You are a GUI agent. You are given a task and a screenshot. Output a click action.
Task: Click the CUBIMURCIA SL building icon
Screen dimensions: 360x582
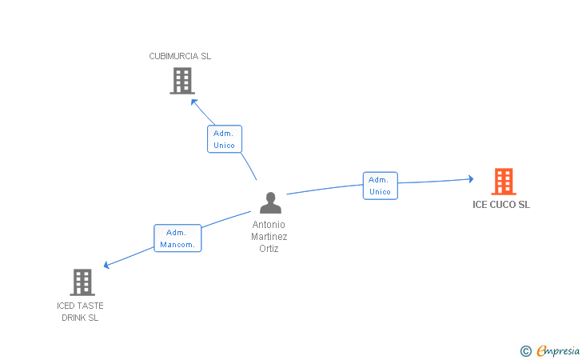tap(182, 81)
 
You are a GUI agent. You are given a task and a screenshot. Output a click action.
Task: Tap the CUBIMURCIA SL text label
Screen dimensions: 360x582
tap(180, 56)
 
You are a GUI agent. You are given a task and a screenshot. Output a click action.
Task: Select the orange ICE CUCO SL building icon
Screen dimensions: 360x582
tap(503, 182)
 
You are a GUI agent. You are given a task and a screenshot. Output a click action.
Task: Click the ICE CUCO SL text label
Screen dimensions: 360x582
tap(501, 205)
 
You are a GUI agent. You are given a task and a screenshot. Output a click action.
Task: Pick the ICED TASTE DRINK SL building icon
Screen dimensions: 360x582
tap(82, 282)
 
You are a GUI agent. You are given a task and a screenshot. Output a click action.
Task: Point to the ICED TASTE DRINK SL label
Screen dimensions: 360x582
tap(80, 311)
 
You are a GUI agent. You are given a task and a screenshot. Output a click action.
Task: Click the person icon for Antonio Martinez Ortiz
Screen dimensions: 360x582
tap(270, 203)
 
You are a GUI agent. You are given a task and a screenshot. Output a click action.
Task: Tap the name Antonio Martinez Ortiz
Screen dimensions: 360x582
tap(269, 236)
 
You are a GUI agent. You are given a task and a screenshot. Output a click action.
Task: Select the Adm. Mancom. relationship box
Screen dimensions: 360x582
tap(177, 238)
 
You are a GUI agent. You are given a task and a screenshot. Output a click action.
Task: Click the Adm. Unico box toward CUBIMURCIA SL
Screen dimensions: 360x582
tap(224, 139)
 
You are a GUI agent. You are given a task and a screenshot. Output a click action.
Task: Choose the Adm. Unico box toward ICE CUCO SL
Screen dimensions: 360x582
tap(380, 186)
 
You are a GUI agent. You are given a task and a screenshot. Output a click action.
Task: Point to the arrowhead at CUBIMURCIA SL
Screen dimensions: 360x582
tap(193, 102)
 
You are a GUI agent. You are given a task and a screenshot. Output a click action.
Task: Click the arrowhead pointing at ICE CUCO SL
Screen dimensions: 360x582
tap(470, 179)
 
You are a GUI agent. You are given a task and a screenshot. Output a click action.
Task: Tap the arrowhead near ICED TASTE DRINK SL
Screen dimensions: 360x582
tap(107, 266)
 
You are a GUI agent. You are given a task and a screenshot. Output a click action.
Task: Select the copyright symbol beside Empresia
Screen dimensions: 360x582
tap(525, 350)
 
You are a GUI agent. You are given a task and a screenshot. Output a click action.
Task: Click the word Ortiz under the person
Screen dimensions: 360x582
tap(269, 248)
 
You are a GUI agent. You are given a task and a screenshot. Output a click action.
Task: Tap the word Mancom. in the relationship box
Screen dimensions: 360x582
tap(177, 245)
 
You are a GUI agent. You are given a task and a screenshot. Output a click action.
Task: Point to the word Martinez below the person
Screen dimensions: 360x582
tap(269, 236)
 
